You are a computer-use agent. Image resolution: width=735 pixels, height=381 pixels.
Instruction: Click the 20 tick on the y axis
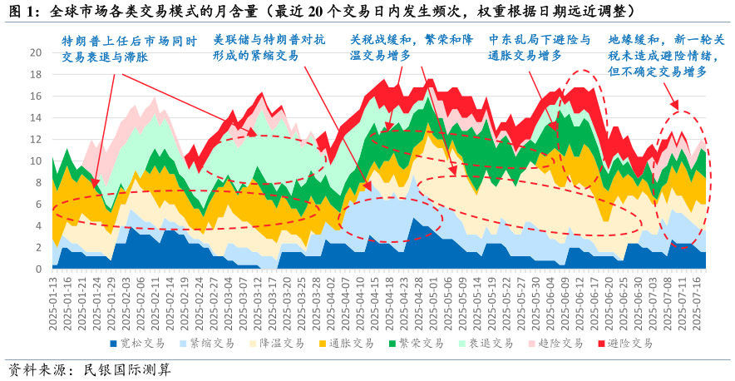36,52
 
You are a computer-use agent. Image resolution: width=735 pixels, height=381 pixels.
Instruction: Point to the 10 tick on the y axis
36,161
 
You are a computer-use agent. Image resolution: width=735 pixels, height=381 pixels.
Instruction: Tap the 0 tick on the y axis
38,270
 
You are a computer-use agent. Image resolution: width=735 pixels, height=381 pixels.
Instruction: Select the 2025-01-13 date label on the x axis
53,304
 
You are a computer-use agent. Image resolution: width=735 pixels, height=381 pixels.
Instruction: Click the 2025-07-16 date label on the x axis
703,304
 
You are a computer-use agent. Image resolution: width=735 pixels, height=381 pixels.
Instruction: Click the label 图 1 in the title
23,11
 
